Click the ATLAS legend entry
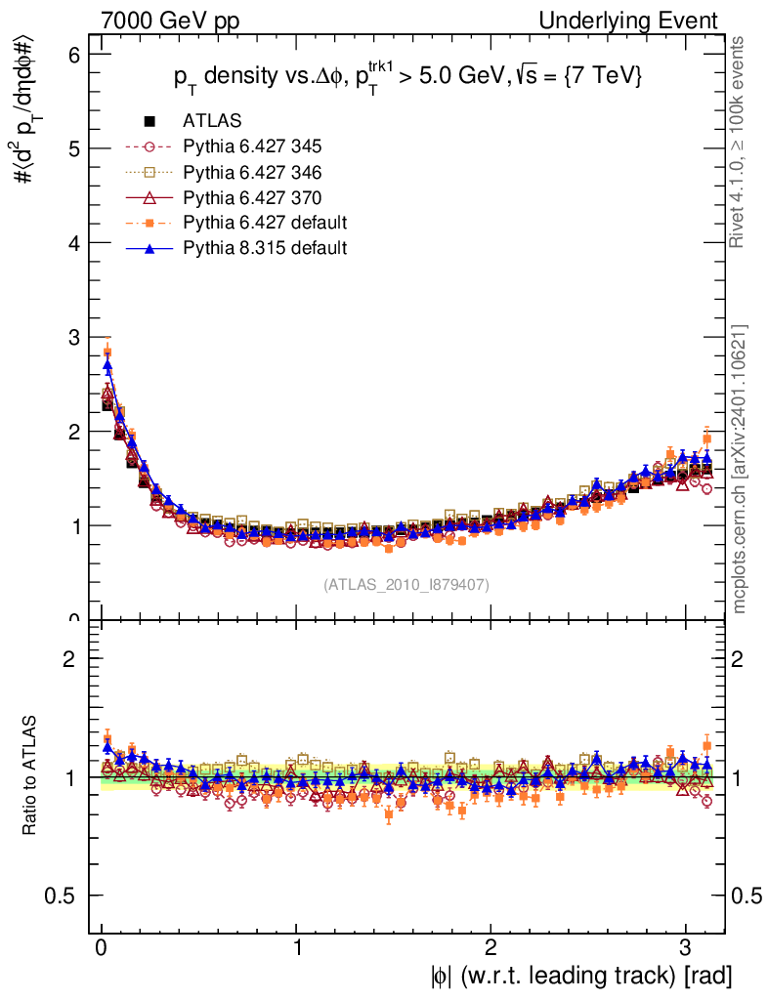pyautogui.click(x=212, y=121)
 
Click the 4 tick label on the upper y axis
pyautogui.click(x=74, y=243)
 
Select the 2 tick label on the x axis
pyautogui.click(x=491, y=947)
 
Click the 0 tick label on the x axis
pyautogui.click(x=102, y=947)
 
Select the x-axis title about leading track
pyautogui.click(x=580, y=976)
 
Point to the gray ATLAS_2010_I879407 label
pyautogui.click(x=406, y=584)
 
